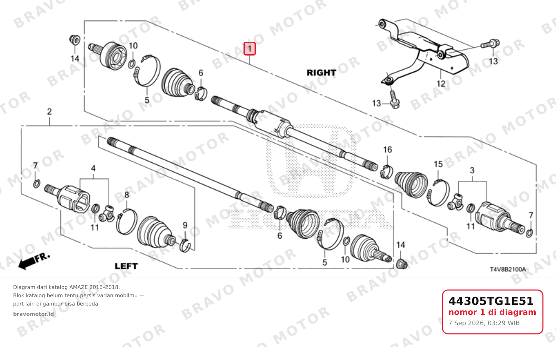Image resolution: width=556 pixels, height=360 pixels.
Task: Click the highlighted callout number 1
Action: [249, 49]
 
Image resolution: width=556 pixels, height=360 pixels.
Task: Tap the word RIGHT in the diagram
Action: [321, 73]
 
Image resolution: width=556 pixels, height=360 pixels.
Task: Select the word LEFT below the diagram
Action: [126, 266]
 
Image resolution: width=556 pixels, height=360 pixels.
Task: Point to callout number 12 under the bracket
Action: [441, 83]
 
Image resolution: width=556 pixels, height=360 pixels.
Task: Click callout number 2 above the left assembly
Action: [49, 112]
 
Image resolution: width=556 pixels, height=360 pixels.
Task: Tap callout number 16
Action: [387, 150]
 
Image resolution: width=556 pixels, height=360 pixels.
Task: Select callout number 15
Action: [438, 164]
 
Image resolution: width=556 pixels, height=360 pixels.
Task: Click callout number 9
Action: [185, 225]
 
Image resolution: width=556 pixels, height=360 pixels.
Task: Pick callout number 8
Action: [127, 195]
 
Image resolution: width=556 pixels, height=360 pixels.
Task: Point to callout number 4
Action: [93, 169]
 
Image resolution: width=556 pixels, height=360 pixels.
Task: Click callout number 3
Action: [472, 170]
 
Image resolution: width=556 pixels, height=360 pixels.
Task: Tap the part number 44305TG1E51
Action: [491, 301]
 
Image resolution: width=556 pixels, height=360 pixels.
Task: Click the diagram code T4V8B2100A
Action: [508, 269]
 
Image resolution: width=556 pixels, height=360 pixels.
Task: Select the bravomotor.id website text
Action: [33, 314]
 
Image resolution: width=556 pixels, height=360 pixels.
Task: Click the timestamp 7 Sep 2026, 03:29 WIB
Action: [484, 323]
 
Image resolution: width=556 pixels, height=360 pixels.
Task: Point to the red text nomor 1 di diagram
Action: [492, 312]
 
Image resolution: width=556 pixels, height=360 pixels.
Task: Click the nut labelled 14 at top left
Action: [75, 40]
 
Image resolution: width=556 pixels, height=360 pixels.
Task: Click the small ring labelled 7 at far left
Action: [37, 184]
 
